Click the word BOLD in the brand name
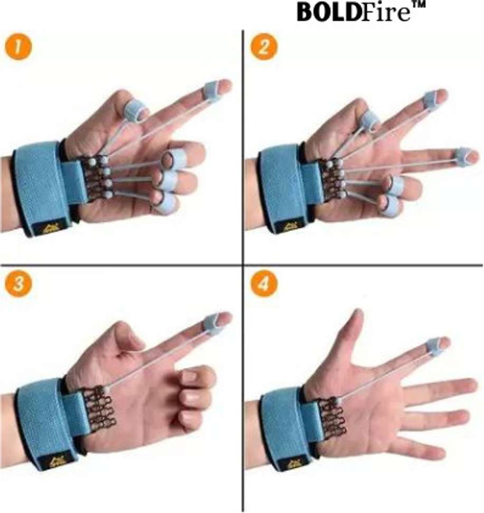[x=329, y=12]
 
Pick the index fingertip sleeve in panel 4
[x=437, y=346]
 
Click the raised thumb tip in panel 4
[x=358, y=315]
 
